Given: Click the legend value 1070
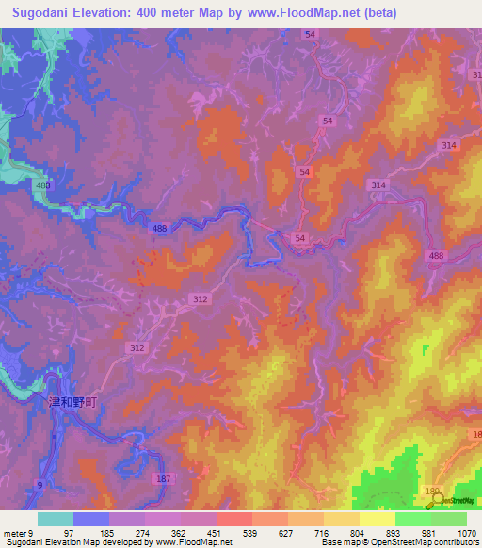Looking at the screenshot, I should pos(466,533).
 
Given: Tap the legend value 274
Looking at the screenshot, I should pos(145,533).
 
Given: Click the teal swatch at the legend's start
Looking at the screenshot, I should pos(56,519).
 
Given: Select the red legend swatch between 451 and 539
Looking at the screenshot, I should pos(233,519).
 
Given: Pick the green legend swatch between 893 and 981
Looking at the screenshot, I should pos(412,519).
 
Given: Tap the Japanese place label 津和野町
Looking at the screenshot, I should pos(73,401).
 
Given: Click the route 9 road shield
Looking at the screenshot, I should pos(40,484).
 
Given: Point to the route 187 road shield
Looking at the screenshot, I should pos(164,479).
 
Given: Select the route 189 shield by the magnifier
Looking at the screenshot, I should pos(433,492).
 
